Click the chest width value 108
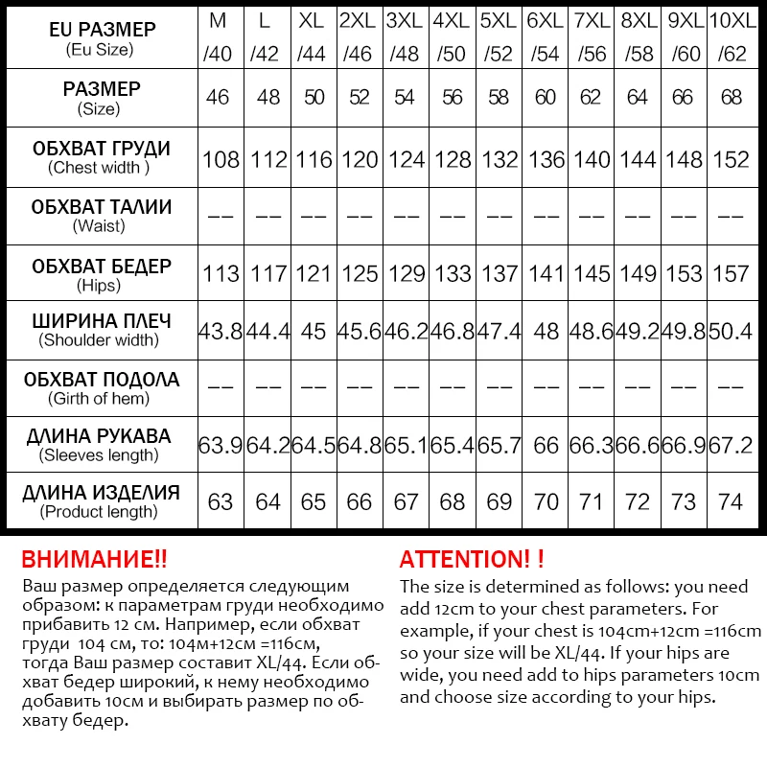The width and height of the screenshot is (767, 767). [x=221, y=159]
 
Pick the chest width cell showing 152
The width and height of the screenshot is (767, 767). [x=731, y=159]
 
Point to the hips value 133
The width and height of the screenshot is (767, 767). [x=453, y=274]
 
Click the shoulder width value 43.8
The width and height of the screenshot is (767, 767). [x=221, y=332]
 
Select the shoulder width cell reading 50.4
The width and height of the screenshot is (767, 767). [x=731, y=332]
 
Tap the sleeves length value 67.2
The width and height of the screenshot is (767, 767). [x=731, y=446]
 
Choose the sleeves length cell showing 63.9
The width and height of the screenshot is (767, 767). [x=221, y=446]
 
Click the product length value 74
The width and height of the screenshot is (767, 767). [x=731, y=502]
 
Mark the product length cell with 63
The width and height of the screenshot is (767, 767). [x=221, y=502]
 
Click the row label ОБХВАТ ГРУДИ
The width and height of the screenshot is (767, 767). [x=101, y=149]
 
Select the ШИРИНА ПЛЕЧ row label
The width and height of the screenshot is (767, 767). [x=101, y=320]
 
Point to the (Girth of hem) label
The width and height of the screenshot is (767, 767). [x=100, y=399]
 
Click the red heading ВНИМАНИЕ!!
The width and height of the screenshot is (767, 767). [x=94, y=560]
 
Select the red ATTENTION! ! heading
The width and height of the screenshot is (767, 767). [x=472, y=560]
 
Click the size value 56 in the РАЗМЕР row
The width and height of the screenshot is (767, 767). [x=453, y=98]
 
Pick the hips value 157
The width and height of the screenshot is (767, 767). [x=731, y=274]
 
